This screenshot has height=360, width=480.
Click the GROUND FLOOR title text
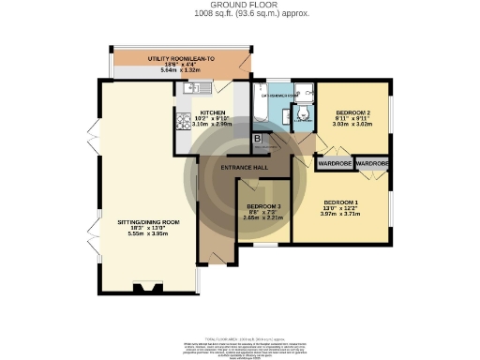tap(239, 6)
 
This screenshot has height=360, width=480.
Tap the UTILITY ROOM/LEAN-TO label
tap(182, 58)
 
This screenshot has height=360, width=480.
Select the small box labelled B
tap(259, 139)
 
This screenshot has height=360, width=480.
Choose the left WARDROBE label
tap(335, 162)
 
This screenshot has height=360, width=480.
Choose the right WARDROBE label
tap(371, 162)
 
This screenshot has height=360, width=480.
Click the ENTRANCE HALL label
tap(245, 167)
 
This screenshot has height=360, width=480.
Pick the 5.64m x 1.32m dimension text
tap(182, 71)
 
